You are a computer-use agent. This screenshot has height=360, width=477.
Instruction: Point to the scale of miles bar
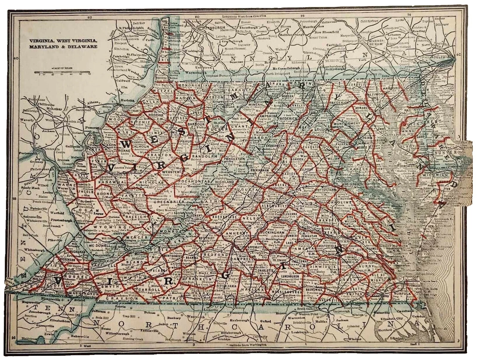click(x=62, y=72)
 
